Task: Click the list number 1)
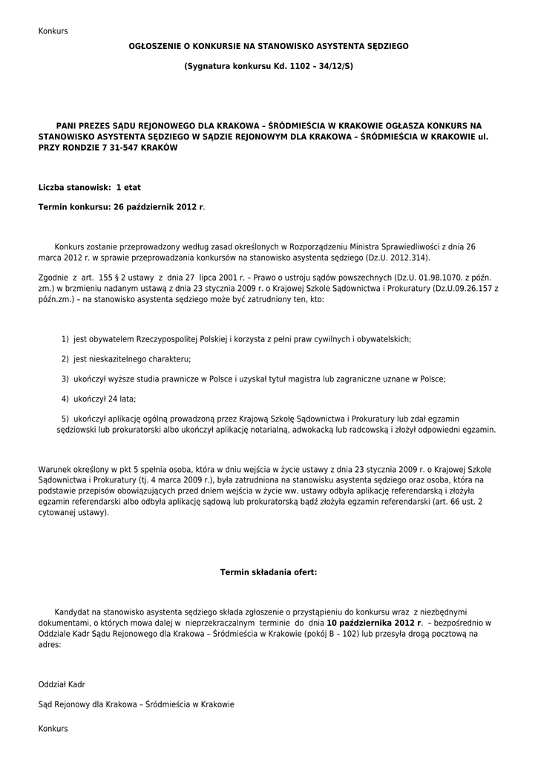[x=66, y=339]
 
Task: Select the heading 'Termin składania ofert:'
[x=269, y=572]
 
